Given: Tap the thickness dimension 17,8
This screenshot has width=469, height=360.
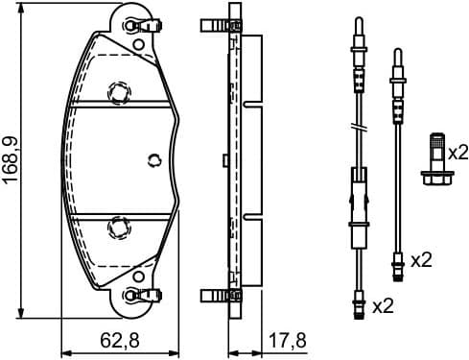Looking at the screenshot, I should (x=286, y=339).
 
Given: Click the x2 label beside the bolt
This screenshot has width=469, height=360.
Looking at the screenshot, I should (x=457, y=152).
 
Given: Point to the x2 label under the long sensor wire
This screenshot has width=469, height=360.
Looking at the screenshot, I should (x=383, y=306).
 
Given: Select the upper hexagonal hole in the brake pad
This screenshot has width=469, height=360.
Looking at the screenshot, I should (x=118, y=92).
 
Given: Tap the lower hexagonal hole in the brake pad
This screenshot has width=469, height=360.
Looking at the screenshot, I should (x=118, y=227).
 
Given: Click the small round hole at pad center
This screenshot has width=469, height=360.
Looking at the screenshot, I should (x=153, y=159).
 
